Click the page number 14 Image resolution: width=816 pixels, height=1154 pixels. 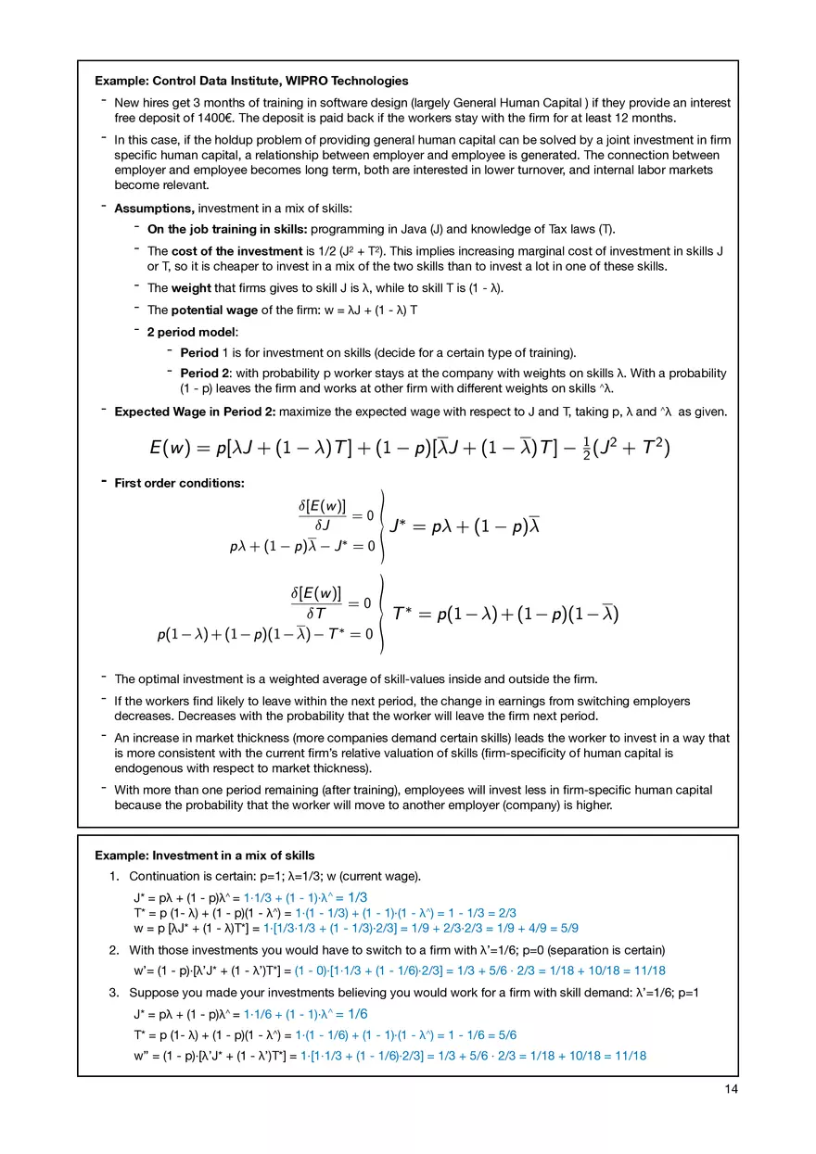point(731,1089)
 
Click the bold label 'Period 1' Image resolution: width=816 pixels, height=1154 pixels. point(203,352)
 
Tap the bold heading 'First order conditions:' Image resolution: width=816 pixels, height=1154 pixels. point(179,483)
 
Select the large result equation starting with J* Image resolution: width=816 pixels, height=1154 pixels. point(465,526)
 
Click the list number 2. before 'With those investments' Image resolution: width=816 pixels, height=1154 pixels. point(114,950)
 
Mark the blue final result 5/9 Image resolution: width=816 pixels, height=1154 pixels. point(568,927)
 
